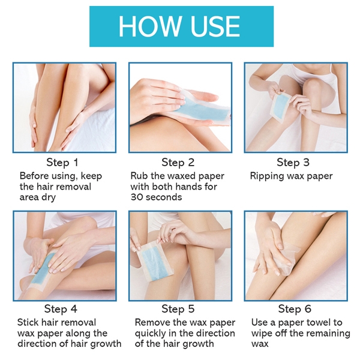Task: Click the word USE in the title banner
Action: click(214, 26)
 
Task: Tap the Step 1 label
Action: click(62, 163)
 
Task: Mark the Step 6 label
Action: click(295, 310)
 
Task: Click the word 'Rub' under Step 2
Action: click(140, 176)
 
